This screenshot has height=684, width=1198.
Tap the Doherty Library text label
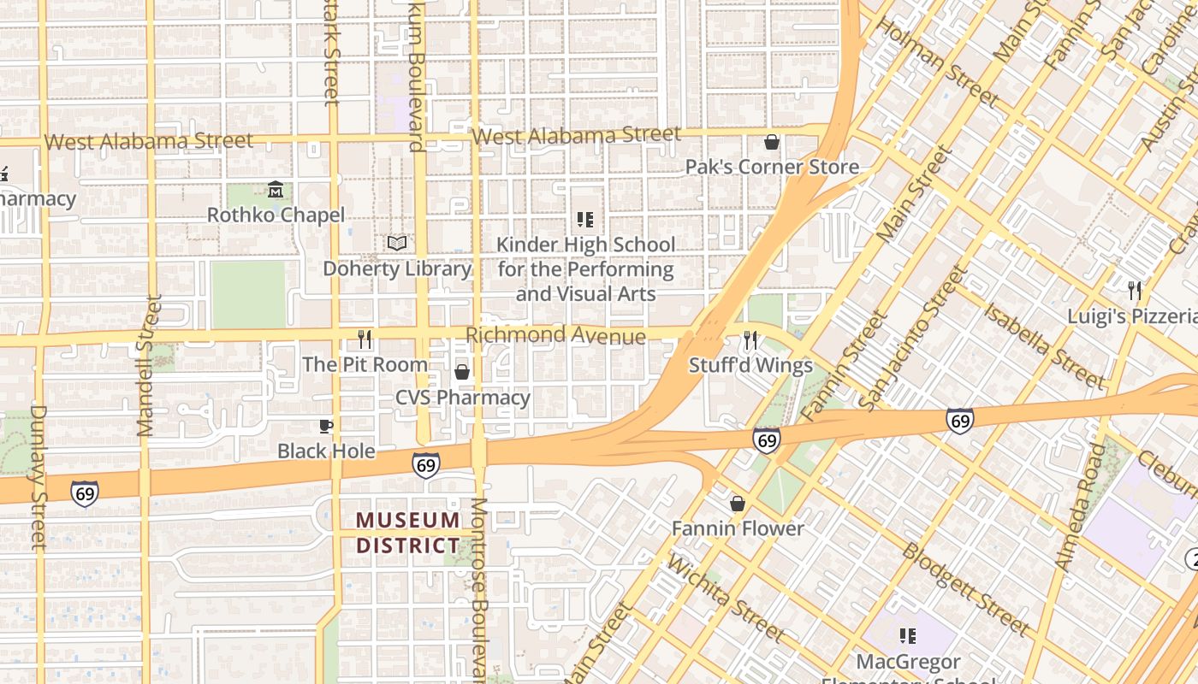pos(396,268)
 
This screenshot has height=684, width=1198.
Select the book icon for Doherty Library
pos(396,244)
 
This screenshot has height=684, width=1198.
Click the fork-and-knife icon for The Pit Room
pos(365,339)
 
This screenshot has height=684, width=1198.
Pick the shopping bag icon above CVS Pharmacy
pos(462,372)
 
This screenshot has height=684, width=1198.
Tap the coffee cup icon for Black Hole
pos(325,426)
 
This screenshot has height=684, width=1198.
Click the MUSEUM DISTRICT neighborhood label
pos(408,533)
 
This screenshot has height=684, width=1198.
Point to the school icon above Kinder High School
pos(585,220)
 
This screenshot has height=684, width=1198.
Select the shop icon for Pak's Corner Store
pos(772,142)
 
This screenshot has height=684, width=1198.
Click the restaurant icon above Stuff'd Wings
pos(750,341)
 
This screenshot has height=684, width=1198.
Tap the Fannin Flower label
pos(738,528)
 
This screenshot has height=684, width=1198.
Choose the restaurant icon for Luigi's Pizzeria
pos(1135,291)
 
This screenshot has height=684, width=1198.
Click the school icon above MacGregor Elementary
pos(907,636)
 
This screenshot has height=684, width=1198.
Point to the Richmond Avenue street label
pos(555,335)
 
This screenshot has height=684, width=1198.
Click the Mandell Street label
pos(148,366)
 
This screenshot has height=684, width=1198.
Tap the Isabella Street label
pos(1044,345)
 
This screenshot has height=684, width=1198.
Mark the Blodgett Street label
pos(966,589)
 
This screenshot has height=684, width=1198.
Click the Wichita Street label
pos(724,598)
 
